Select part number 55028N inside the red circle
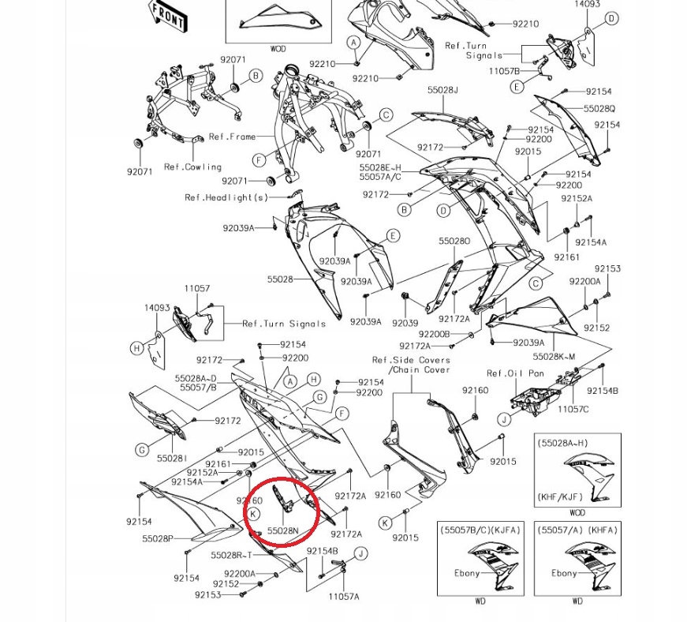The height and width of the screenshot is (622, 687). (283, 531)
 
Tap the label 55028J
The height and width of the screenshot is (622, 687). (442, 91)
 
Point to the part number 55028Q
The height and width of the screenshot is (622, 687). (599, 109)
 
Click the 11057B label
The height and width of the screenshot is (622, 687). (504, 71)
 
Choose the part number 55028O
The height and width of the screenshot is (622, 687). (454, 242)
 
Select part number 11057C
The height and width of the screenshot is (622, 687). (573, 409)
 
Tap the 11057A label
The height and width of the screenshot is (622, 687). (344, 597)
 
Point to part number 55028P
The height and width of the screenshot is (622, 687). (158, 539)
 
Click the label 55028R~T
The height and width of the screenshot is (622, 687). (232, 555)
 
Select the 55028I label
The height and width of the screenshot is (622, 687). (171, 459)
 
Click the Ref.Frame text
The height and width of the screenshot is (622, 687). (232, 137)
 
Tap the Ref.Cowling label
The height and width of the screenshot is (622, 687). (192, 167)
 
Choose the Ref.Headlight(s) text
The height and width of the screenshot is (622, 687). (226, 197)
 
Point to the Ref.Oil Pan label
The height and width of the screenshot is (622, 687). (515, 373)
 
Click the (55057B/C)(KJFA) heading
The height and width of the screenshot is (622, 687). (480, 530)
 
